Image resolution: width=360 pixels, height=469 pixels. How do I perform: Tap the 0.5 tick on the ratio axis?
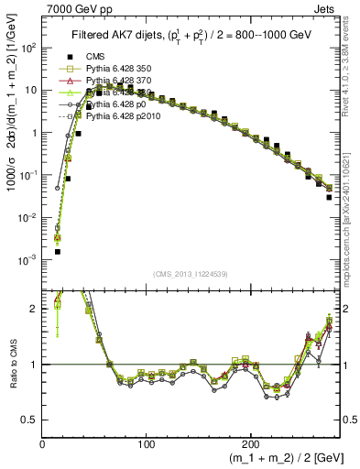tap(29, 420)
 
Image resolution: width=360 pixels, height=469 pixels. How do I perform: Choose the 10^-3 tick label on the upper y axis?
tap(27, 260)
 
